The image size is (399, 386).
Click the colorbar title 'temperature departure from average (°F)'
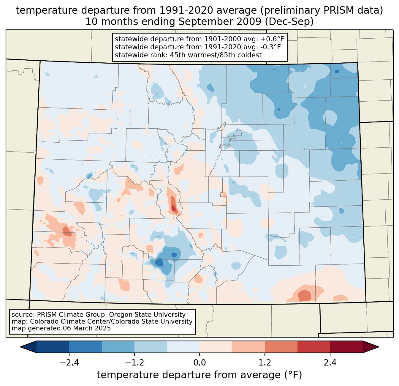pos(199,375)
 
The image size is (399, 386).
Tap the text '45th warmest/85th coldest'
pos(216,55)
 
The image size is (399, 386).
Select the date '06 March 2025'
pos(87,328)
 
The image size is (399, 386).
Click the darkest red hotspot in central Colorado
pos(174,208)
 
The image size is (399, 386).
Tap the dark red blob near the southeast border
pos(304,296)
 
